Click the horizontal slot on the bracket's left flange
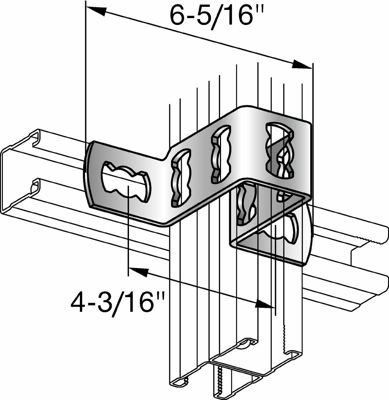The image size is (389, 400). pyautogui.click(x=126, y=179)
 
